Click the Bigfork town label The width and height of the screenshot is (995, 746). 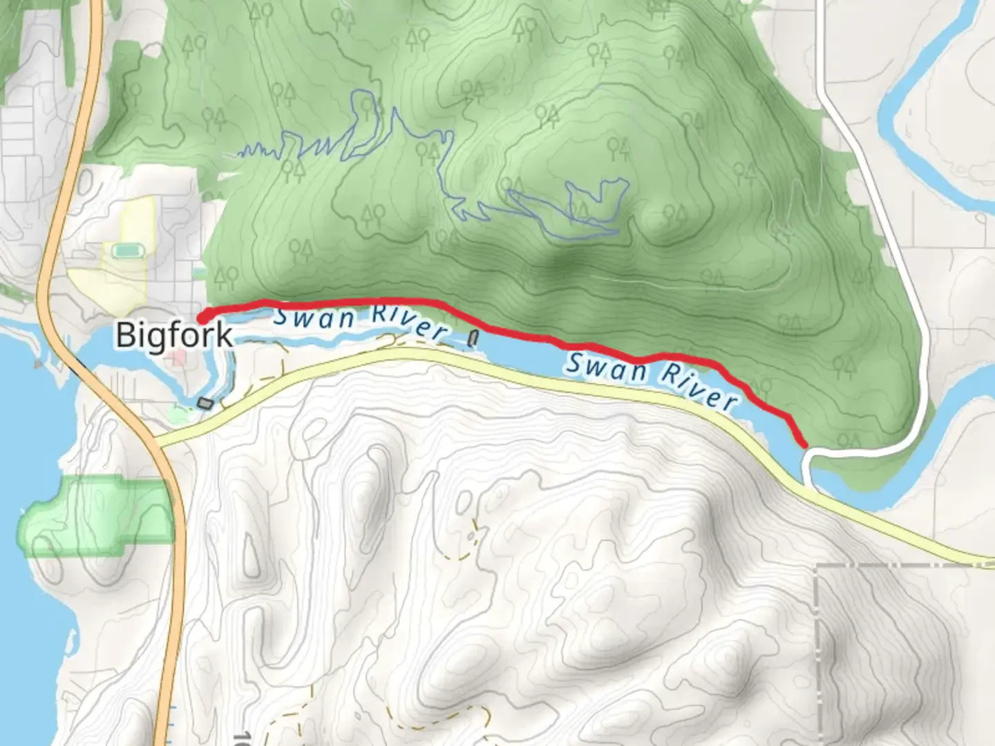tap(174, 335)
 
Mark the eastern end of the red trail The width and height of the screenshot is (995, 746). tap(804, 444)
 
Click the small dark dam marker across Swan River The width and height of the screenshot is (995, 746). tap(473, 338)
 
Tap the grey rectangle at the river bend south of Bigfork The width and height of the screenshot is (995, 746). tap(205, 403)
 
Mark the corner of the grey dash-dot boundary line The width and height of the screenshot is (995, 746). tap(818, 566)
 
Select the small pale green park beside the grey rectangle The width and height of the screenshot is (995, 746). tap(181, 413)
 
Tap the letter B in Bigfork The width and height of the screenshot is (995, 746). tap(124, 335)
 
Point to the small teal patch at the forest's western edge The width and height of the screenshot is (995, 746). tap(200, 274)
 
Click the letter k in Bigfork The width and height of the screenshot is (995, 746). tap(224, 335)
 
